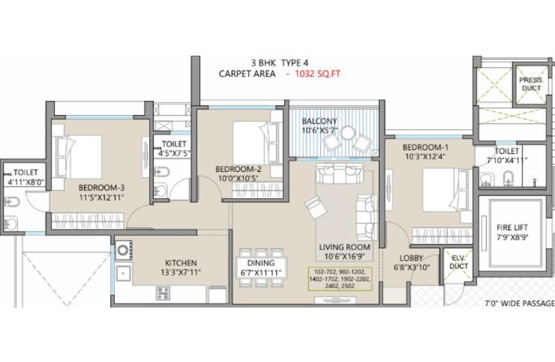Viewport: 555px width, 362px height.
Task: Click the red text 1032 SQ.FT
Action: tap(317, 74)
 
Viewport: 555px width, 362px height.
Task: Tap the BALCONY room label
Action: tap(320, 121)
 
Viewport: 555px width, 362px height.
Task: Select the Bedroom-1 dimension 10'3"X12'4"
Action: tap(423, 156)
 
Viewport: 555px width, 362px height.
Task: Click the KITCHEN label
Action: tap(181, 263)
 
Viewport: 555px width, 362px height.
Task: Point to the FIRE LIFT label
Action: tap(512, 228)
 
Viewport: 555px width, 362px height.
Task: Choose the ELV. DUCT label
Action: tap(459, 262)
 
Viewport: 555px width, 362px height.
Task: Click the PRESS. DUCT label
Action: tap(531, 84)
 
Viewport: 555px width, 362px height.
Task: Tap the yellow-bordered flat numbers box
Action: tap(340, 279)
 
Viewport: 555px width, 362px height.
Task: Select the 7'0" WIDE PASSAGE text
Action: tap(520, 304)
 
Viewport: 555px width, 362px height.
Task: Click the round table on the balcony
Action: tap(348, 134)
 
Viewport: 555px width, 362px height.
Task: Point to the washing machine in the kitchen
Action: tap(123, 250)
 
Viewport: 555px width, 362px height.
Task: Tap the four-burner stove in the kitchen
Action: tap(163, 293)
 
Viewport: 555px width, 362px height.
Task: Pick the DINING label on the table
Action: tap(261, 263)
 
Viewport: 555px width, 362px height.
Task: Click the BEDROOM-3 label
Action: tap(101, 188)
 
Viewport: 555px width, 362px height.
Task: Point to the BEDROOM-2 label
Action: tap(238, 169)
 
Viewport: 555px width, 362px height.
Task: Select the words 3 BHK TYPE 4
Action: tap(280, 63)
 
